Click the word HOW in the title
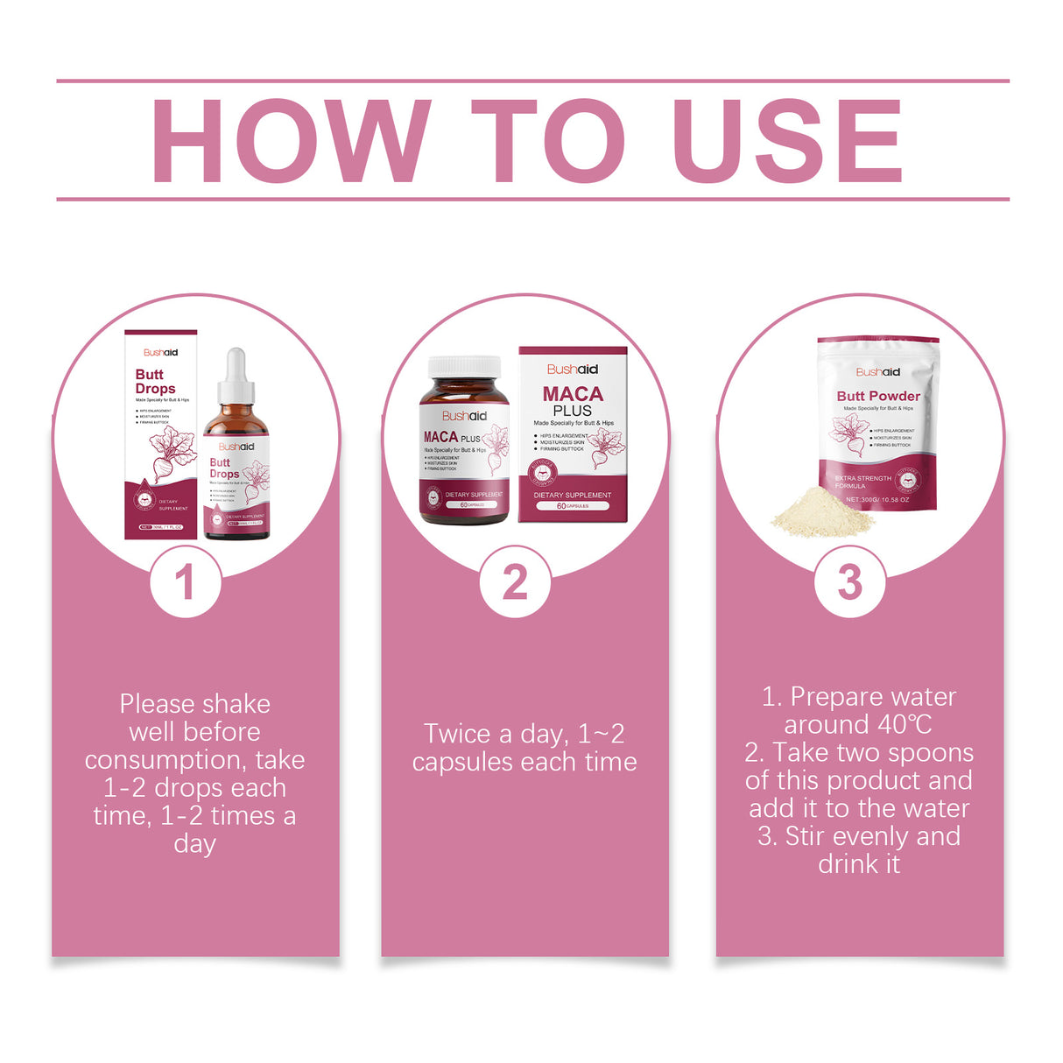(x=290, y=141)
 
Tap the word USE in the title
(x=786, y=141)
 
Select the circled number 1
(x=185, y=582)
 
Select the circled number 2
(x=515, y=582)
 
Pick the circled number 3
(x=849, y=582)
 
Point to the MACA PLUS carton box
(x=573, y=435)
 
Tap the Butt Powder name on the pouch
(x=877, y=396)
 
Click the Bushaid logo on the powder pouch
(x=877, y=371)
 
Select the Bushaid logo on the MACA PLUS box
(x=573, y=370)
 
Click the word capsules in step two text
(x=468, y=762)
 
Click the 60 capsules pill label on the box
(x=572, y=506)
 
